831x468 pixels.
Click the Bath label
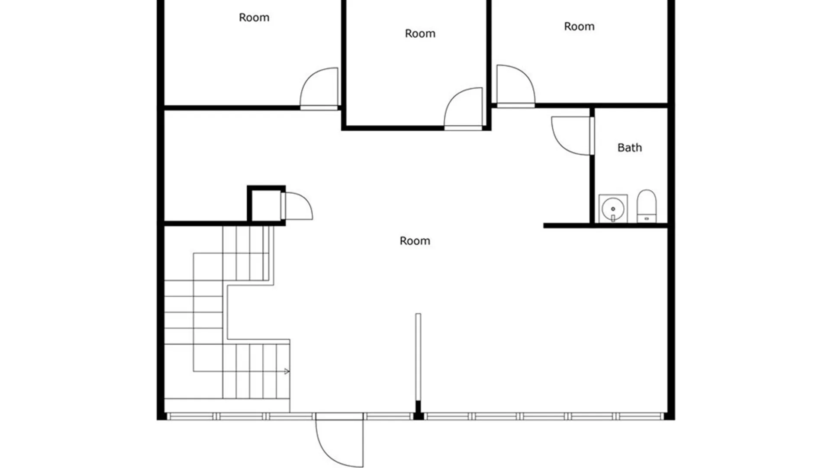coord(629,148)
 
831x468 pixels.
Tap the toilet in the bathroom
coord(647,206)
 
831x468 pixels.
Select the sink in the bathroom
coord(613,208)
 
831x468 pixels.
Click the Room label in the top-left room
coord(254,17)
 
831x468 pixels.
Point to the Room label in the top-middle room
coord(420,33)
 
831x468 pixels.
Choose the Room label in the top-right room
coord(579,26)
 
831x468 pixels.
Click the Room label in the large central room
coord(415,241)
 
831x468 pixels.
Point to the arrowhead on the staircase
coord(287,371)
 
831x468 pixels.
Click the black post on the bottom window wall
coord(418,410)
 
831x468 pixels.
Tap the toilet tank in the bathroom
coord(647,218)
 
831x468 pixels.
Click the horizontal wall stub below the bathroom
coord(606,225)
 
